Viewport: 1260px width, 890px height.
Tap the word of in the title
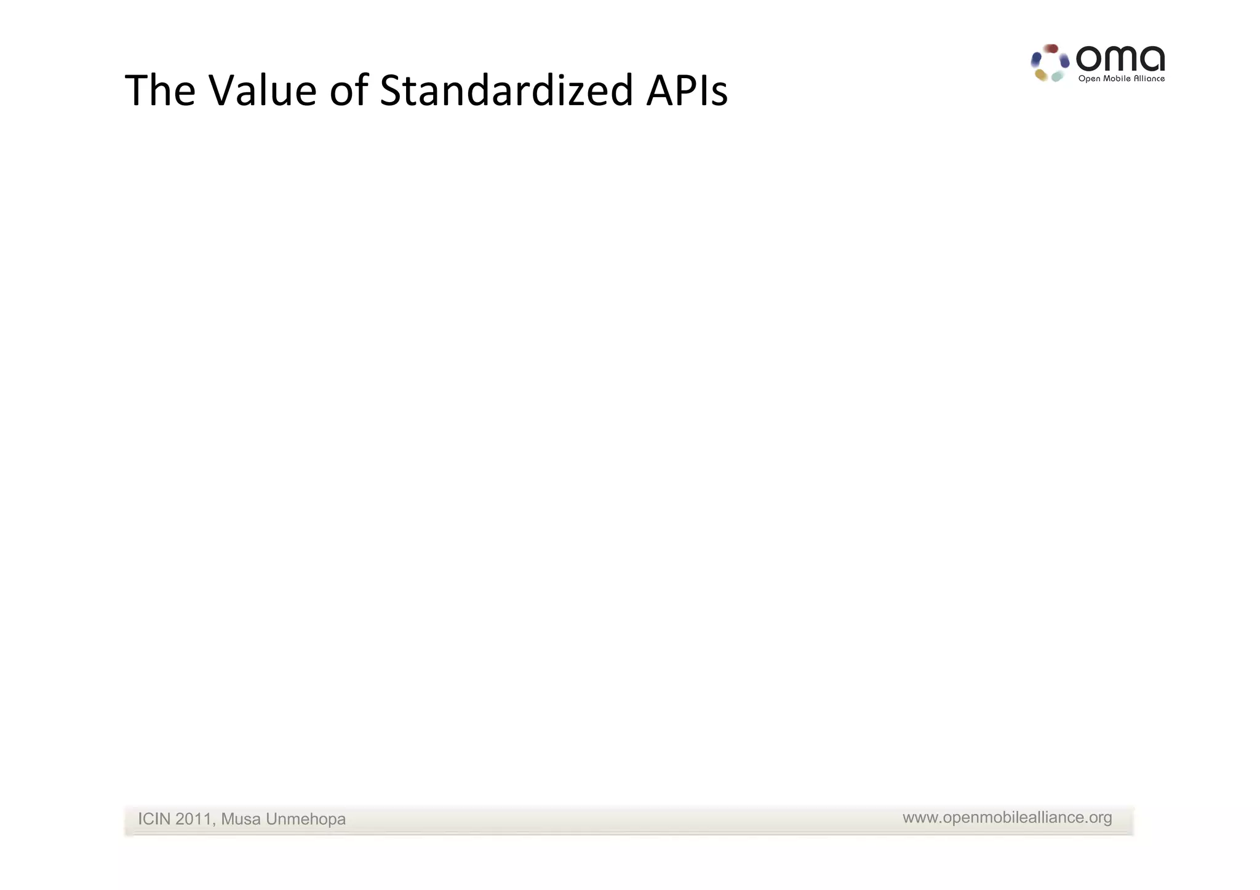(349, 91)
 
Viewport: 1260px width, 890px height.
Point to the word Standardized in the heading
(506, 91)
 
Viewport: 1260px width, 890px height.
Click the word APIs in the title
(687, 91)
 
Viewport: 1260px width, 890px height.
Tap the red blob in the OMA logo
(1051, 49)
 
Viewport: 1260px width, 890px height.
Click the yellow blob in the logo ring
(1041, 75)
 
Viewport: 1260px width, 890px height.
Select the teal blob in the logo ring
(1058, 76)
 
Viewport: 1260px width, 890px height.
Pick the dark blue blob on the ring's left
(1036, 60)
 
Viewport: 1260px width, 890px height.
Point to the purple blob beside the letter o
(1064, 62)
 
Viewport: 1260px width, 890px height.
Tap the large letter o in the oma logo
(1089, 60)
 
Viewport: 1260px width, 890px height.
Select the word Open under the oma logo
(1089, 79)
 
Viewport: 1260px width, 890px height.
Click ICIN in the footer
(154, 819)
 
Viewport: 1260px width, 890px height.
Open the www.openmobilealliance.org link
(1007, 817)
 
